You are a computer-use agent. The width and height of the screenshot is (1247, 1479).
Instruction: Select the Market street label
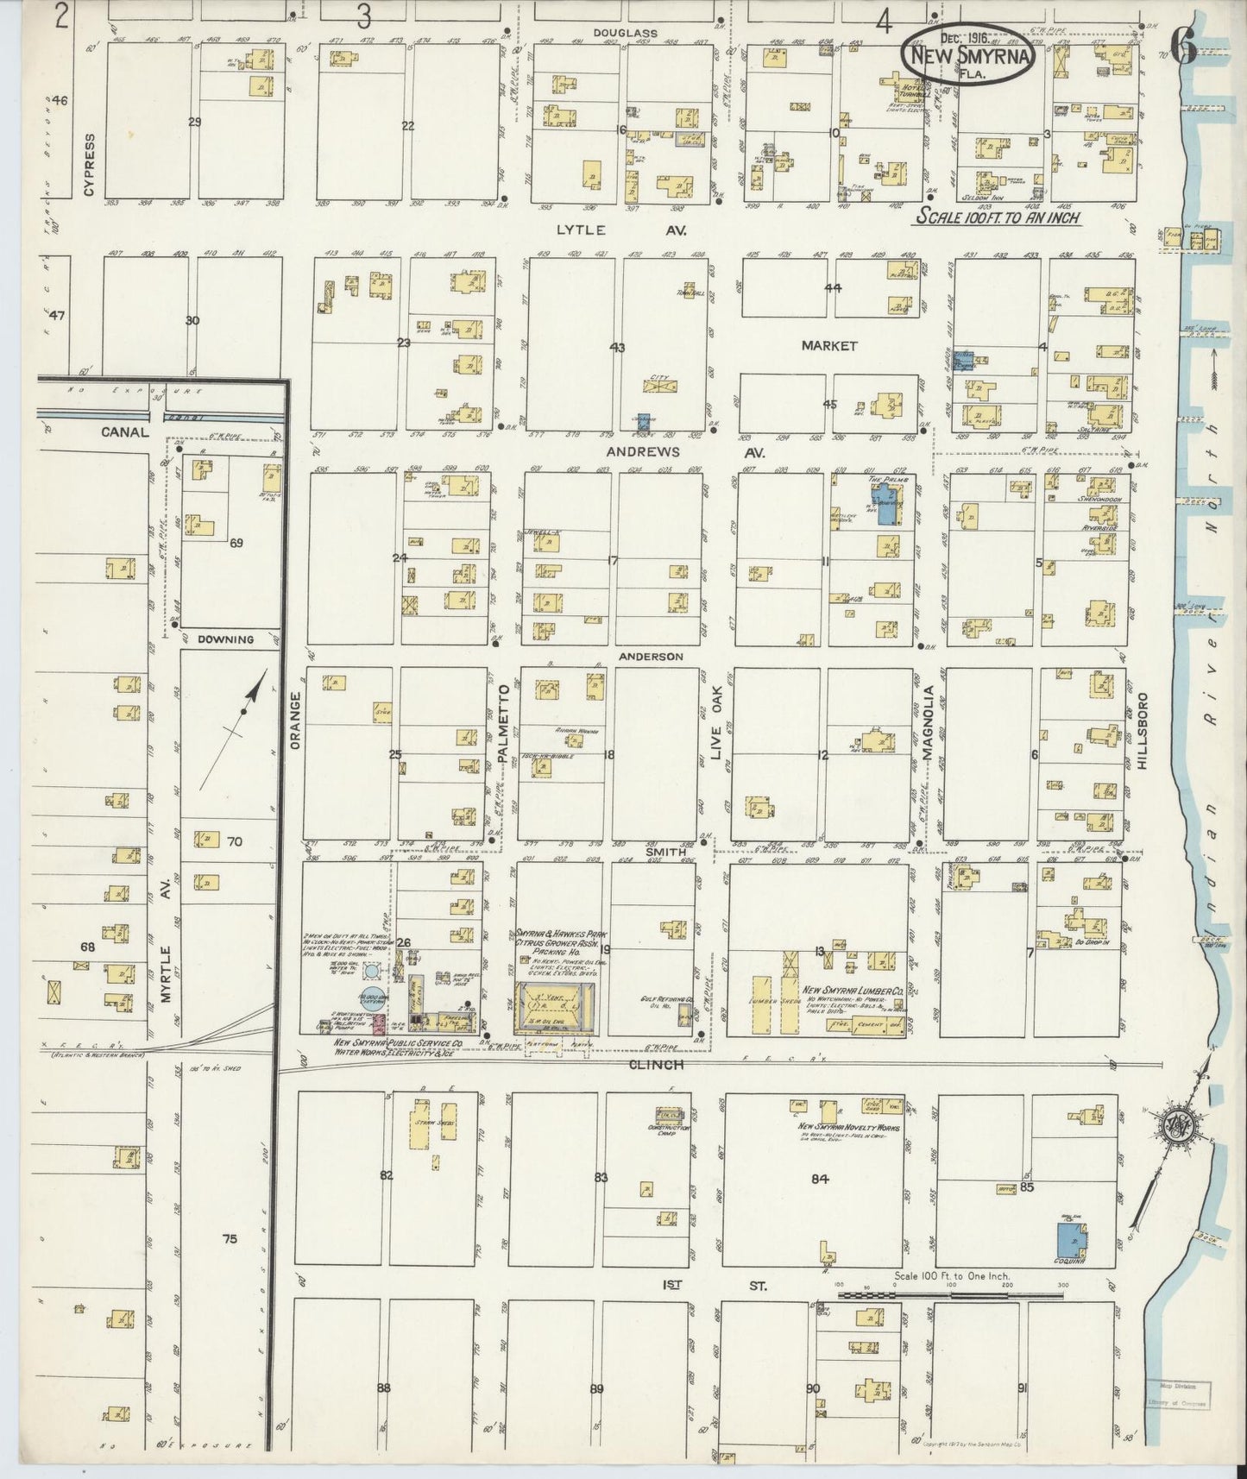coord(828,345)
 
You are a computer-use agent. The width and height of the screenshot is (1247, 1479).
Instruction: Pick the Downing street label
coord(225,639)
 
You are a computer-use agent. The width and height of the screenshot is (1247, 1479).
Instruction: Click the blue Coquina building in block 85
coord(1071,1239)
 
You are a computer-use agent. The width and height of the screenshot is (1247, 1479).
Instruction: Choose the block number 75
coord(228,1239)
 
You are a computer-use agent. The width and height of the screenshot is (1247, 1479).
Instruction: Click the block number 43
coord(616,348)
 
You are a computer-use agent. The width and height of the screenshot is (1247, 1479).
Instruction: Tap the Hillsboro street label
coord(1144,727)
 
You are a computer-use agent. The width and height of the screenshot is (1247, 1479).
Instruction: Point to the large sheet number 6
coord(1183,50)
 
